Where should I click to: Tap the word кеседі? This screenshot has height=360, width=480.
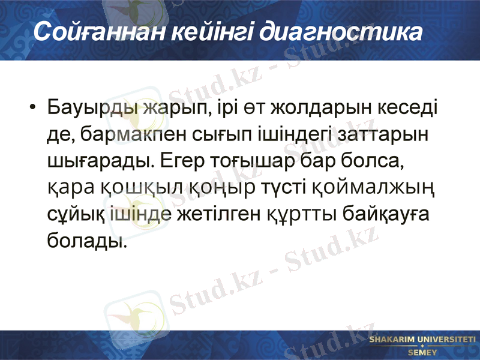pyautogui.click(x=409, y=110)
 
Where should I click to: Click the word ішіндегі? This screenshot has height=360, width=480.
pyautogui.click(x=272, y=136)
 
